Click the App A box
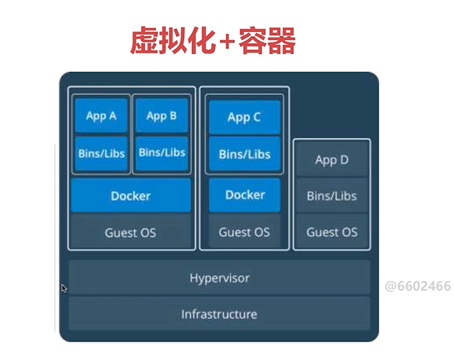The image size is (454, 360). pyautogui.click(x=101, y=116)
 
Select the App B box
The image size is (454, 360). pyautogui.click(x=161, y=116)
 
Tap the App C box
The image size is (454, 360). pyautogui.click(x=244, y=117)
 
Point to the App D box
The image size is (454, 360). pyautogui.click(x=331, y=160)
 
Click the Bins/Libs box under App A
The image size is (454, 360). pyautogui.click(x=101, y=152)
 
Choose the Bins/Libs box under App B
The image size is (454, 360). pyautogui.click(x=161, y=152)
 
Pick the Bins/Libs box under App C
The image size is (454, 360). pyautogui.click(x=244, y=154)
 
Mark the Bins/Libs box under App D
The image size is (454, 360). pyautogui.click(x=331, y=196)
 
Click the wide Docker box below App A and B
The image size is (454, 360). pyautogui.click(x=130, y=196)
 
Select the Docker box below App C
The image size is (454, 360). pyautogui.click(x=245, y=195)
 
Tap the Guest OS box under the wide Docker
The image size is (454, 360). pyautogui.click(x=130, y=232)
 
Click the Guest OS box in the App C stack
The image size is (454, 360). pyautogui.click(x=244, y=232)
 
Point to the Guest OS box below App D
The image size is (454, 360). pyautogui.click(x=331, y=232)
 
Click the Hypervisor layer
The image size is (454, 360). pyautogui.click(x=219, y=278)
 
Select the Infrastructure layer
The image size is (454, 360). pyautogui.click(x=219, y=314)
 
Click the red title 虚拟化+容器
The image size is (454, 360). pyautogui.click(x=213, y=42)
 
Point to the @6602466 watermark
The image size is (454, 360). pyautogui.click(x=417, y=286)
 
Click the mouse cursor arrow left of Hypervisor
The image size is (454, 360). pyautogui.click(x=64, y=288)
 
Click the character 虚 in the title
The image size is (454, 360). pyautogui.click(x=144, y=42)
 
